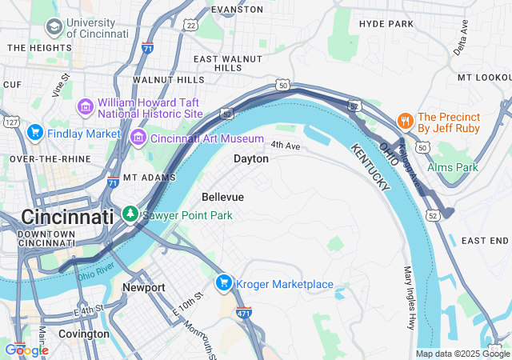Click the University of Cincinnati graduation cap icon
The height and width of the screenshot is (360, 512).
coord(54,29)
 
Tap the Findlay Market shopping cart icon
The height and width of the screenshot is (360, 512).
coord(34,133)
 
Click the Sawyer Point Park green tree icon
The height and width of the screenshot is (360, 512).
coord(130,214)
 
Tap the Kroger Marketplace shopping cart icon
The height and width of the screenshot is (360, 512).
coord(224,283)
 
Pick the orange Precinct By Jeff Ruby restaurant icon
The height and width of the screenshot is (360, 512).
coord(406,122)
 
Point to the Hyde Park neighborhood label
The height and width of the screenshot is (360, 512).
coord(386,24)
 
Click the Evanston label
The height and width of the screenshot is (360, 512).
coord(237,10)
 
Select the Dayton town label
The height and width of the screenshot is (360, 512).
coord(251,159)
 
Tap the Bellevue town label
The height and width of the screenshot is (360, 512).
coord(223,197)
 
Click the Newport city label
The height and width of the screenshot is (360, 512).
coord(144,287)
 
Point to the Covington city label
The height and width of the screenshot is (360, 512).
coord(84,334)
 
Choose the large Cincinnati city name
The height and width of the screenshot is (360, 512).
coord(68,217)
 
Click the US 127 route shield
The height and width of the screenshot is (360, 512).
coord(10,122)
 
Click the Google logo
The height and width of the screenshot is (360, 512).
coord(26,350)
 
